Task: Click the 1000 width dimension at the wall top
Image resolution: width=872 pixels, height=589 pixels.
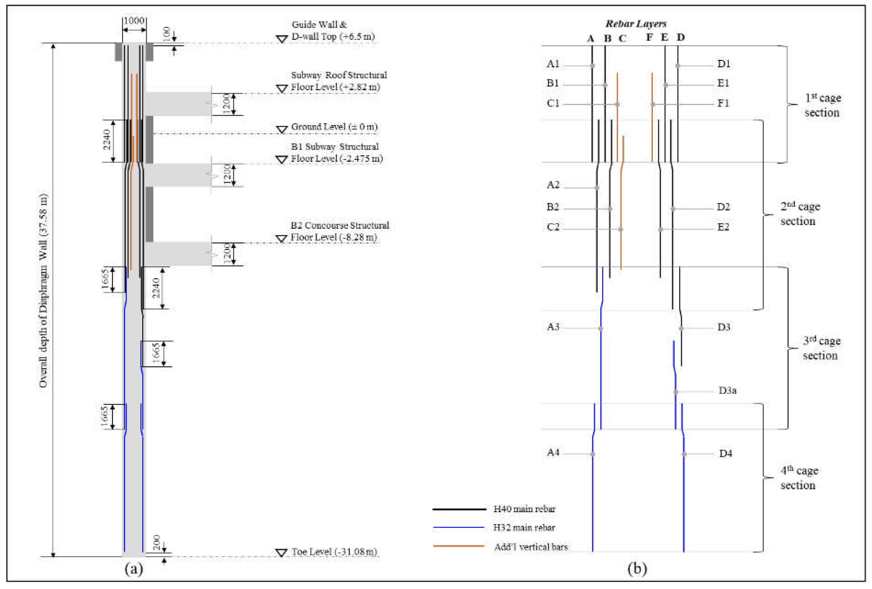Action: coord(134,21)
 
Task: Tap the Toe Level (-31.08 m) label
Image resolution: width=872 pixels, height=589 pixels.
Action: coord(334,552)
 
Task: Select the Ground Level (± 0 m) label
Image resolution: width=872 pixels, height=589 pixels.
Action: coord(334,127)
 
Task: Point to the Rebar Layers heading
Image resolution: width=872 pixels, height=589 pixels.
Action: coord(636,24)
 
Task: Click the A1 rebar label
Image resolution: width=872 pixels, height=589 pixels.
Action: coord(553,64)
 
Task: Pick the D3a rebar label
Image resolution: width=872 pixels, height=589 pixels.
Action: coord(727,390)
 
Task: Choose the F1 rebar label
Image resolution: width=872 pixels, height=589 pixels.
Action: coord(723,103)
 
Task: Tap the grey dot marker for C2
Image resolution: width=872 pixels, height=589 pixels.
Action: coord(621,229)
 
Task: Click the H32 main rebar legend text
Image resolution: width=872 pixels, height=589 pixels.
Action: coord(524,528)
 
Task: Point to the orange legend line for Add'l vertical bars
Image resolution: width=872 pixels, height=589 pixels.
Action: coord(459,546)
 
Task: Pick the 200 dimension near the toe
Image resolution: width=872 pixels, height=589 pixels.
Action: coord(157,542)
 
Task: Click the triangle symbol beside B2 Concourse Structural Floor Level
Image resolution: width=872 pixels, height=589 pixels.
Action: coord(281,239)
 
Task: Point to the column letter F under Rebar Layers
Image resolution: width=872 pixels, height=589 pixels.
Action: coord(649,37)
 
